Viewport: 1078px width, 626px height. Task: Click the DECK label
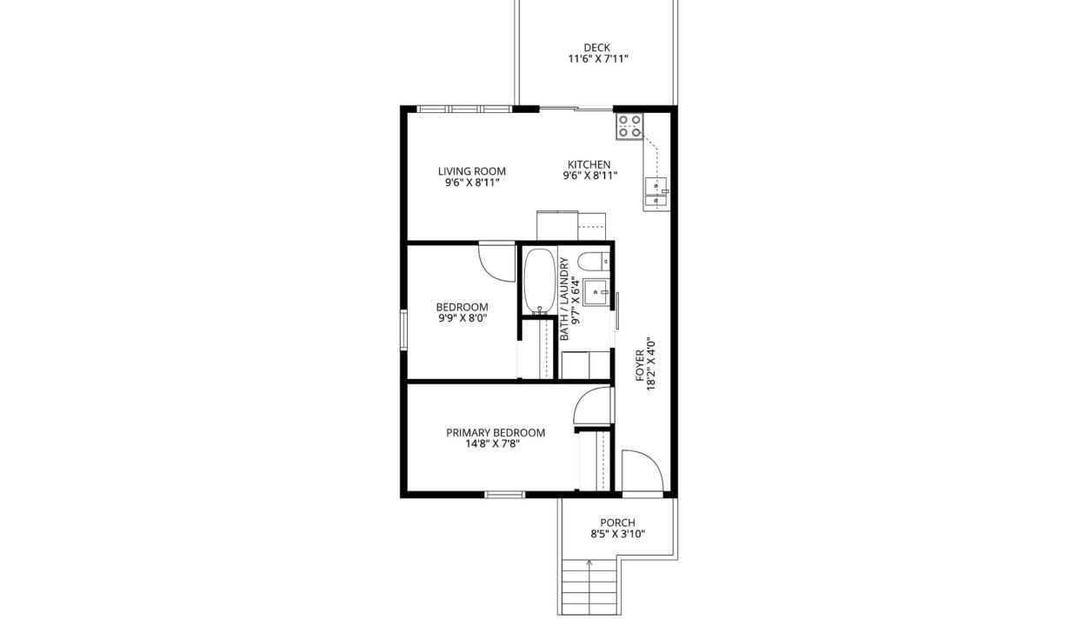[x=596, y=48]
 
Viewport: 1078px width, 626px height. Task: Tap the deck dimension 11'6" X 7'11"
[x=598, y=59]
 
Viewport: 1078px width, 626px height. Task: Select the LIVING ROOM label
[x=471, y=171]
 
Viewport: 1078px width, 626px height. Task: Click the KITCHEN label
[x=589, y=164]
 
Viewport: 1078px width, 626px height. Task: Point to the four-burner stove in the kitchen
[x=629, y=126]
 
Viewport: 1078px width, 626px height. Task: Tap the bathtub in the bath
[x=540, y=281]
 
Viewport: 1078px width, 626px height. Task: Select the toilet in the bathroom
[x=595, y=262]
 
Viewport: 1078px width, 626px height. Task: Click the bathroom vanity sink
[x=596, y=291]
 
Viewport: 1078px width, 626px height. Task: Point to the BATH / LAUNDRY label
[x=564, y=299]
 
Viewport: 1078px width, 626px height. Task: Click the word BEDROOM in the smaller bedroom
[x=462, y=307]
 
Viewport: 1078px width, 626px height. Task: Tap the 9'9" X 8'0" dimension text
[x=462, y=318]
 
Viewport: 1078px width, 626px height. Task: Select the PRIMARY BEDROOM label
[x=496, y=433]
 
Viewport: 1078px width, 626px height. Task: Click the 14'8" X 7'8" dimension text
[x=492, y=443]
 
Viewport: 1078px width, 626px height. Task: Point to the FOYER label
[x=640, y=366]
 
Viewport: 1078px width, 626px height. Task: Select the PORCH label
[x=617, y=523]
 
